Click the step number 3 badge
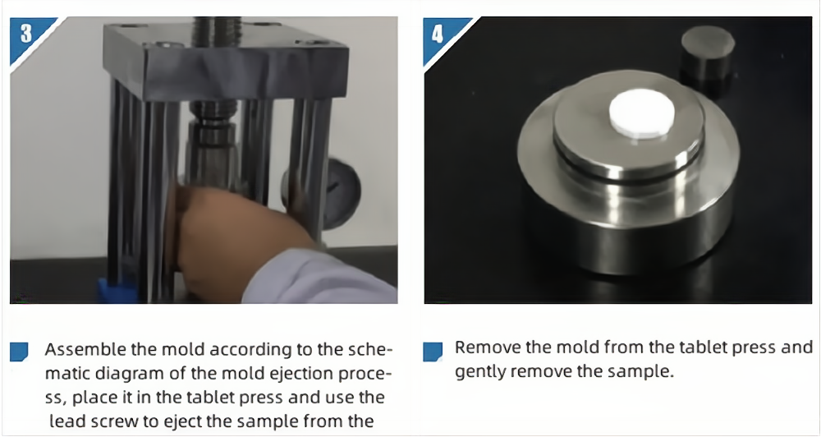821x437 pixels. pyautogui.click(x=27, y=34)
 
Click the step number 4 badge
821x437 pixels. pyautogui.click(x=438, y=34)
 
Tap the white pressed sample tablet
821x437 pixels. pyautogui.click(x=641, y=114)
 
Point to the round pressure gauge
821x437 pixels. pyautogui.click(x=335, y=194)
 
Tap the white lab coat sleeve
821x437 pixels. pyautogui.click(x=319, y=278)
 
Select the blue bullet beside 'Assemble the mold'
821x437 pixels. pyautogui.click(x=19, y=352)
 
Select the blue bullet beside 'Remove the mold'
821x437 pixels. pyautogui.click(x=433, y=352)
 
